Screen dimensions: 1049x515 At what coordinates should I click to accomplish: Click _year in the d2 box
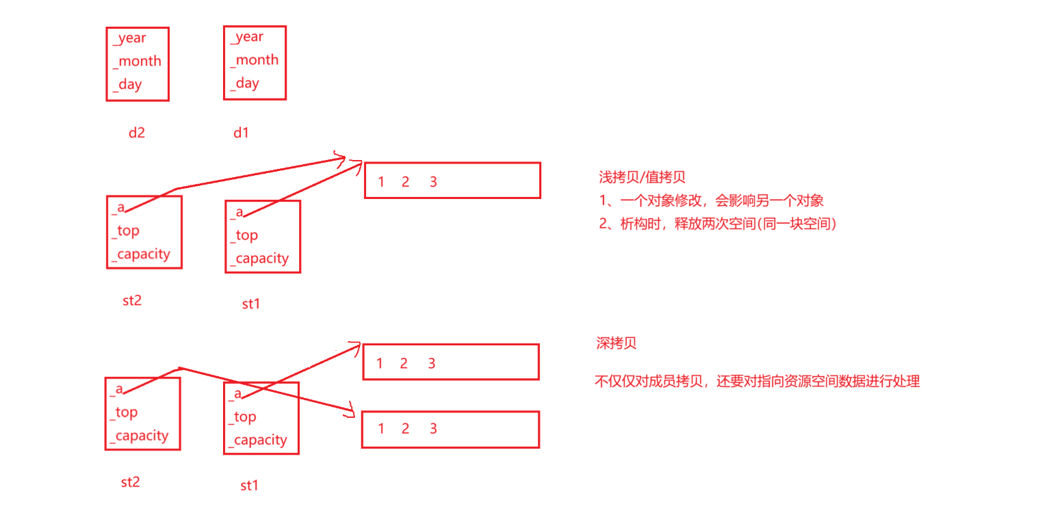130,38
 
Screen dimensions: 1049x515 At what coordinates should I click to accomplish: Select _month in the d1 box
254,60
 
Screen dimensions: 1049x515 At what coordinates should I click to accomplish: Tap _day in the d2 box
128,85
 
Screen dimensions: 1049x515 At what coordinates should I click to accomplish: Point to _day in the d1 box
245,83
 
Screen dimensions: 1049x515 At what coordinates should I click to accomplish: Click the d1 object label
241,133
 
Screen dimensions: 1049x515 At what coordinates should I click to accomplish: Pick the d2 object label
137,133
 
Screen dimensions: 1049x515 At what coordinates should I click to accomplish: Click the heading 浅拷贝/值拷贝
642,178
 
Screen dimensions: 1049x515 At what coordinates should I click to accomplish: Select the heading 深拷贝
617,343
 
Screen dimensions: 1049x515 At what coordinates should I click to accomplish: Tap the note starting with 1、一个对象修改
711,201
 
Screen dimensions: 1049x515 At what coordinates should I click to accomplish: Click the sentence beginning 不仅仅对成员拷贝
757,382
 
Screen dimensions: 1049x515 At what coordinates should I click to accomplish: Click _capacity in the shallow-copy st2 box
141,254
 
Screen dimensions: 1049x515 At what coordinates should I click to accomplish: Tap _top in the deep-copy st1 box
242,417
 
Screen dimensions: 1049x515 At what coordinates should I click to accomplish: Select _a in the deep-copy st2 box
116,389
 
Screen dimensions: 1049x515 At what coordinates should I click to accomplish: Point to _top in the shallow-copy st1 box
244,236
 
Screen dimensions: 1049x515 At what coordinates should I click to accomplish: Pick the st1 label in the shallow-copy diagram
251,304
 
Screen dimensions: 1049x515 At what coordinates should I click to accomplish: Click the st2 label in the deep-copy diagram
130,482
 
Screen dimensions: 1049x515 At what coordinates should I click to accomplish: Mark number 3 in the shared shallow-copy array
433,182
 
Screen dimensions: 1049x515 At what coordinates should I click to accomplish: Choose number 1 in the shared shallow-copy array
381,182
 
